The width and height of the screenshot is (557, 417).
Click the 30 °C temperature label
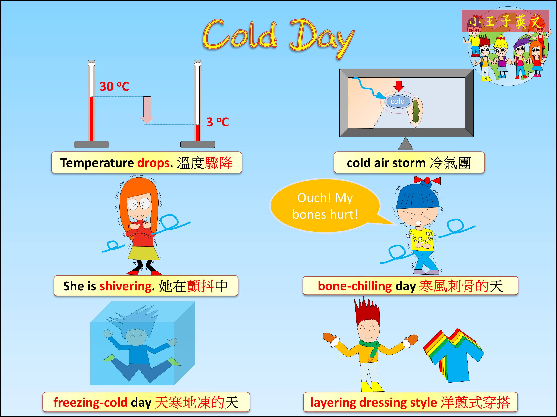pyautogui.click(x=114, y=87)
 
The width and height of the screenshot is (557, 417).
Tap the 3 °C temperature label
pyautogui.click(x=218, y=122)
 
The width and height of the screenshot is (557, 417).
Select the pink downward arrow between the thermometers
pyautogui.click(x=147, y=110)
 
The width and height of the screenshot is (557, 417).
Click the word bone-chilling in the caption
pyautogui.click(x=355, y=286)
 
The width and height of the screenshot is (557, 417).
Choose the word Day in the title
pyautogui.click(x=322, y=38)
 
